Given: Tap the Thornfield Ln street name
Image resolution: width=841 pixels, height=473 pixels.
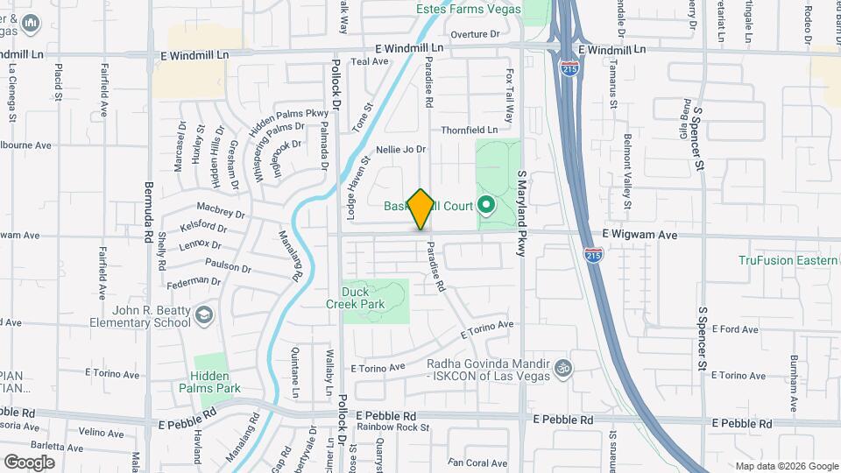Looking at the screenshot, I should [469, 130].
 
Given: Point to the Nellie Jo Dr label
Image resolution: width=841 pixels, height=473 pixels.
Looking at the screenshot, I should [400, 150].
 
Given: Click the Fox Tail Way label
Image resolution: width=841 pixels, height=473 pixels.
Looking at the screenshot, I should [509, 98].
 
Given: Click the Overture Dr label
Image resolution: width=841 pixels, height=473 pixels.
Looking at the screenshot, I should [474, 34].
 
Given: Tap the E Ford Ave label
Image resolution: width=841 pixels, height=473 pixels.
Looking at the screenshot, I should [735, 329].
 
